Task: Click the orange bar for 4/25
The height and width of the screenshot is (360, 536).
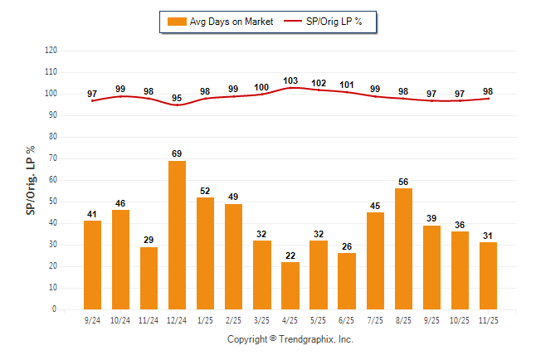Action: (x=290, y=285)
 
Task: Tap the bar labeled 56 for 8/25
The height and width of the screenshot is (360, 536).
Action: (x=403, y=249)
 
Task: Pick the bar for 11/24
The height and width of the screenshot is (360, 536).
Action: (x=149, y=278)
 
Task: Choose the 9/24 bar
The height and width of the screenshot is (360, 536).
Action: (x=93, y=265)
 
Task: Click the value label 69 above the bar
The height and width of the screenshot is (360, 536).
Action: (x=178, y=153)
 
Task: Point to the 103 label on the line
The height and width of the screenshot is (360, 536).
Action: (x=290, y=80)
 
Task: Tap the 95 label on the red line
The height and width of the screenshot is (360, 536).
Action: (x=178, y=98)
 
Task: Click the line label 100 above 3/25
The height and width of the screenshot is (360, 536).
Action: (x=262, y=87)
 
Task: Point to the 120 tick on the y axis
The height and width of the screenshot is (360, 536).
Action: (x=51, y=51)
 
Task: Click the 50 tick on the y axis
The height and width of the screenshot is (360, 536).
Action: (x=52, y=202)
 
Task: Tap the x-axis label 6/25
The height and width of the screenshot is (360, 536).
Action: (x=347, y=319)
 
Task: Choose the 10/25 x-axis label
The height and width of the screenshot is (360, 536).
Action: (x=460, y=319)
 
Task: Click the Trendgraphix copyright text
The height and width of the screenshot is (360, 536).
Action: (x=290, y=339)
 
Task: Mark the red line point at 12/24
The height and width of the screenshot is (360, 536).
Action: (x=178, y=105)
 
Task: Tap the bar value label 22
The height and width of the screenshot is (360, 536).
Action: (x=290, y=255)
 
